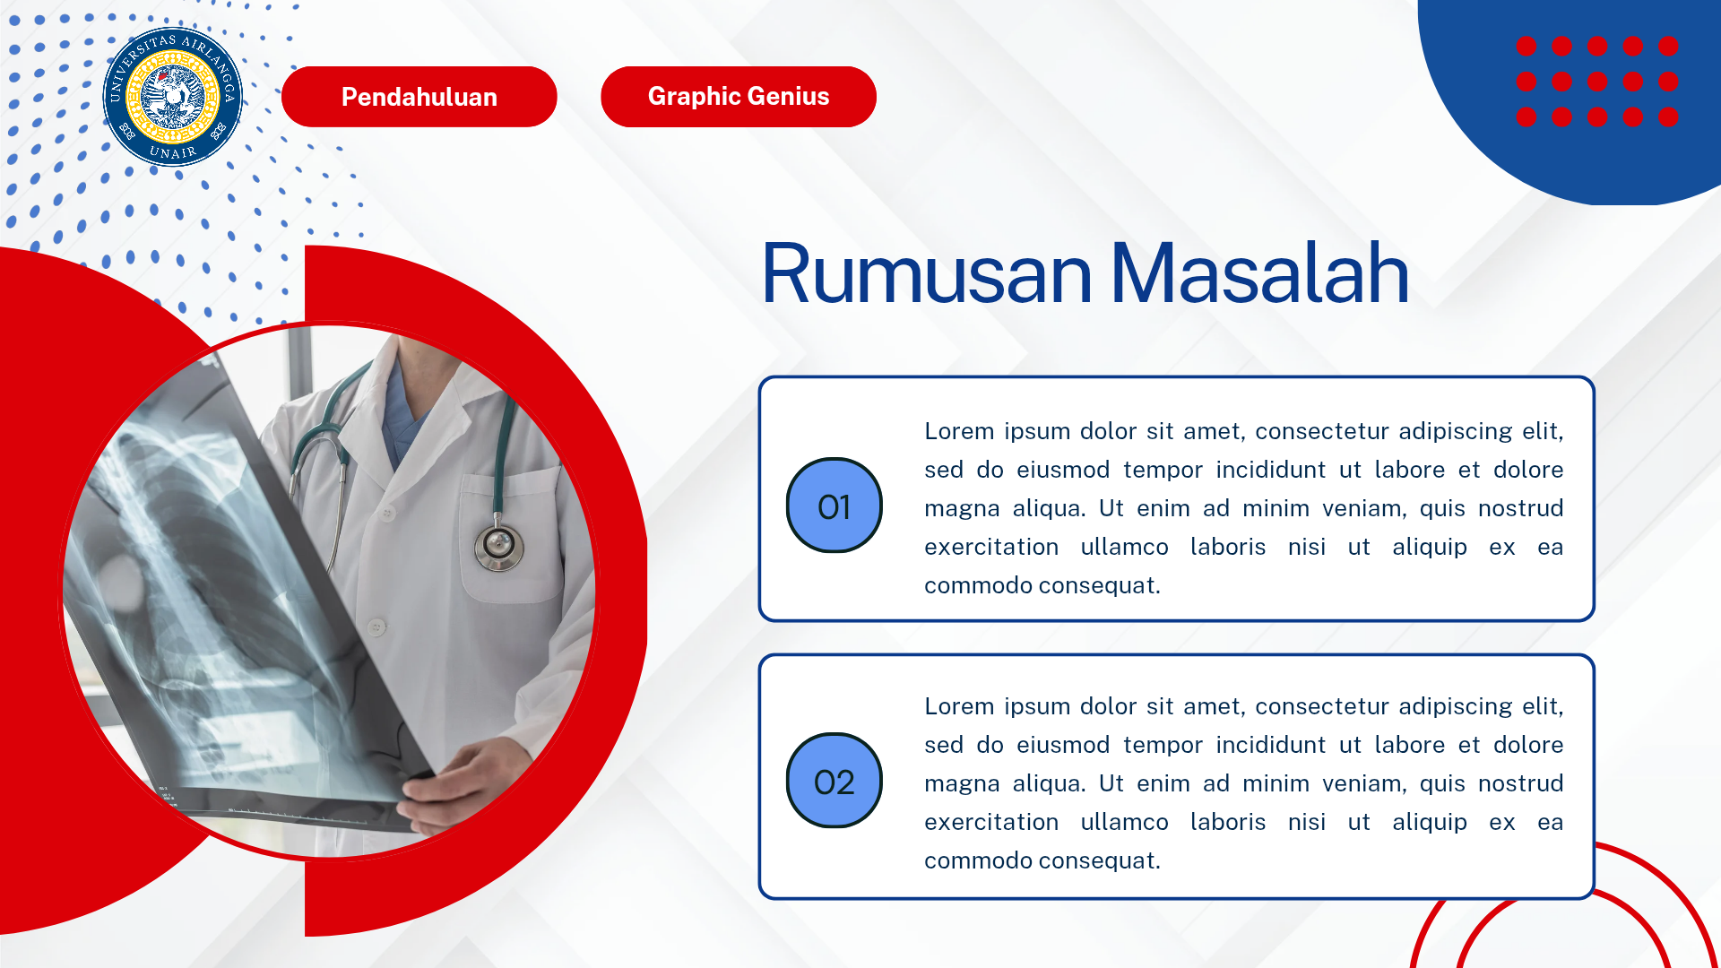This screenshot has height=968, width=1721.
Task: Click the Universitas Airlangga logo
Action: [x=173, y=97]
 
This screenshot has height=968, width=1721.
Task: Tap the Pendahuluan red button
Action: [x=419, y=97]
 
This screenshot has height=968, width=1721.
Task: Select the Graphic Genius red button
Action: [x=738, y=97]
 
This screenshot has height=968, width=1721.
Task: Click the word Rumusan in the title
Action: [x=925, y=273]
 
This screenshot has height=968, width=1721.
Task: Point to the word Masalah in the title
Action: [x=1258, y=273]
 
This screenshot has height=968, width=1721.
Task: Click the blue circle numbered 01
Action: [x=834, y=506]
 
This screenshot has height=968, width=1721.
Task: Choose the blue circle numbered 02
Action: [x=834, y=782]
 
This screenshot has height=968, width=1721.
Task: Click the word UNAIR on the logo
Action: [x=173, y=152]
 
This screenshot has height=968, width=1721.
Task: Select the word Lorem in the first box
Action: [x=958, y=431]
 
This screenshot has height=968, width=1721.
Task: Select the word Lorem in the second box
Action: [x=958, y=706]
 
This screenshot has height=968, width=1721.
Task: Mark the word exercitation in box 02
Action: [x=990, y=822]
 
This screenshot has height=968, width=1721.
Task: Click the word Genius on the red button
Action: [x=788, y=97]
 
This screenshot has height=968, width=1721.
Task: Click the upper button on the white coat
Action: [x=387, y=514]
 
